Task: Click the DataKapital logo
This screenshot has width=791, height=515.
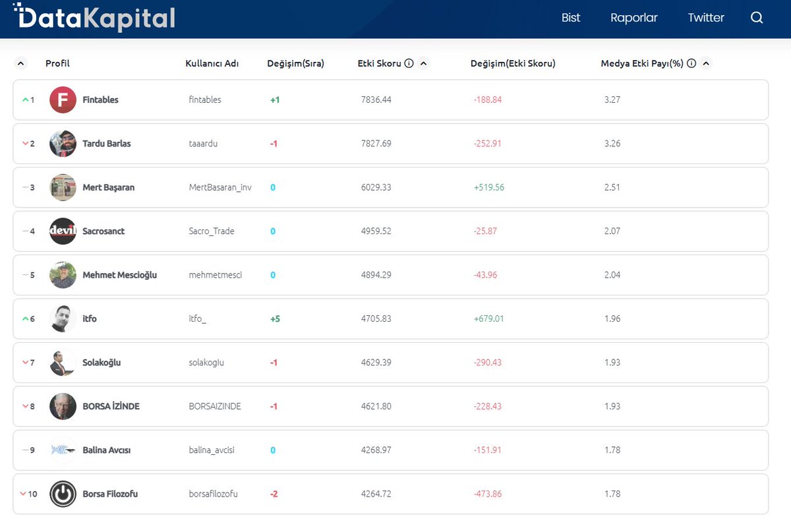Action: pyautogui.click(x=94, y=18)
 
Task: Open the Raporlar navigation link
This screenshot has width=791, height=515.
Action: pyautogui.click(x=633, y=18)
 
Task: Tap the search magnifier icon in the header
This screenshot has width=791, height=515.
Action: pyautogui.click(x=756, y=18)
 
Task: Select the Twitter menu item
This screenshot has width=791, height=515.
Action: pyautogui.click(x=705, y=18)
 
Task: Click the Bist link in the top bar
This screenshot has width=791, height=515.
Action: pyautogui.click(x=570, y=18)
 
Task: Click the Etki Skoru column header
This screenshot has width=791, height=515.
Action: pyautogui.click(x=379, y=64)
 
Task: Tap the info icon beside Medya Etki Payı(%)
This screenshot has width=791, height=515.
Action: pyautogui.click(x=691, y=64)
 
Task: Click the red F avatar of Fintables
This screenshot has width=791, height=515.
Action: pyautogui.click(x=63, y=100)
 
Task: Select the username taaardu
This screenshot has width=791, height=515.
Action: pyautogui.click(x=203, y=144)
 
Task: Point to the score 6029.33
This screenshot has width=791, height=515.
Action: pyautogui.click(x=376, y=187)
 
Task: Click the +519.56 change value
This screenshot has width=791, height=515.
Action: pyautogui.click(x=488, y=187)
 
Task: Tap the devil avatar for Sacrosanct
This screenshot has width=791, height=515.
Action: pyautogui.click(x=63, y=231)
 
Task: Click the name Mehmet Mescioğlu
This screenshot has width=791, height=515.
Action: pyautogui.click(x=119, y=275)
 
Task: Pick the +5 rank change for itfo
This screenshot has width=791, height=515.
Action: pyautogui.click(x=275, y=318)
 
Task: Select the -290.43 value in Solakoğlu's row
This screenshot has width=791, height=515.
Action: pyautogui.click(x=487, y=363)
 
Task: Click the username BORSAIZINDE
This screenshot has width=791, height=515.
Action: pyautogui.click(x=215, y=406)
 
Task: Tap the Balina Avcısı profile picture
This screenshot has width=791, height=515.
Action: pyautogui.click(x=63, y=450)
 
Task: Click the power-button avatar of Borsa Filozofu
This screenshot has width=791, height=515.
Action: pyautogui.click(x=63, y=494)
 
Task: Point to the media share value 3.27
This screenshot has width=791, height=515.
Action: pyautogui.click(x=612, y=100)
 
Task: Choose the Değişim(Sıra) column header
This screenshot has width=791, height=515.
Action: pyautogui.click(x=295, y=64)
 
